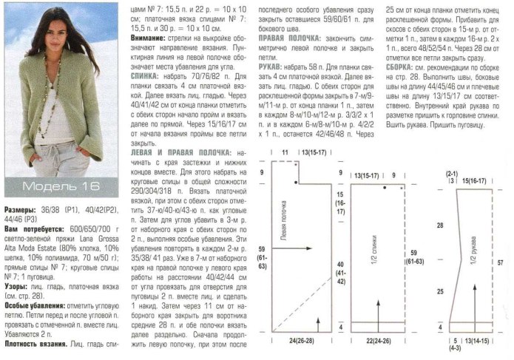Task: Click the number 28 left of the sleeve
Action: click(439, 223)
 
